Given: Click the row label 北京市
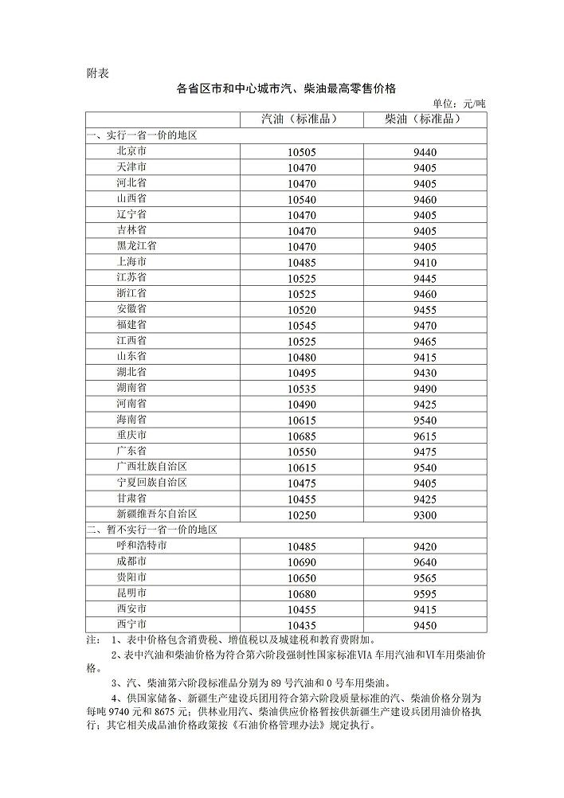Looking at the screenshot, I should (131, 151).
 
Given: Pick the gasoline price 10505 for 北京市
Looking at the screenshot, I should (302, 152).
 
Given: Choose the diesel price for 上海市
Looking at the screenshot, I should (425, 262).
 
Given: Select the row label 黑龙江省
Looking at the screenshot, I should (136, 246).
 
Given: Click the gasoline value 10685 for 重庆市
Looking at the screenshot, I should (302, 436).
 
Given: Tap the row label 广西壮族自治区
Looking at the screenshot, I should (151, 467).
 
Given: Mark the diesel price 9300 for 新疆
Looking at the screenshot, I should (425, 515).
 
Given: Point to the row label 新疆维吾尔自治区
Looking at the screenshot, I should (156, 514).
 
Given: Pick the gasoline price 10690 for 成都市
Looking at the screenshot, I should (302, 562).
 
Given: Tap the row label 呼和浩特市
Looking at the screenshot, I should (141, 546).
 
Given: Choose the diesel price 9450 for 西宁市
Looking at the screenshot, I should (425, 625).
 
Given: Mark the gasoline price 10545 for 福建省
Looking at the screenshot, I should (302, 325).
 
